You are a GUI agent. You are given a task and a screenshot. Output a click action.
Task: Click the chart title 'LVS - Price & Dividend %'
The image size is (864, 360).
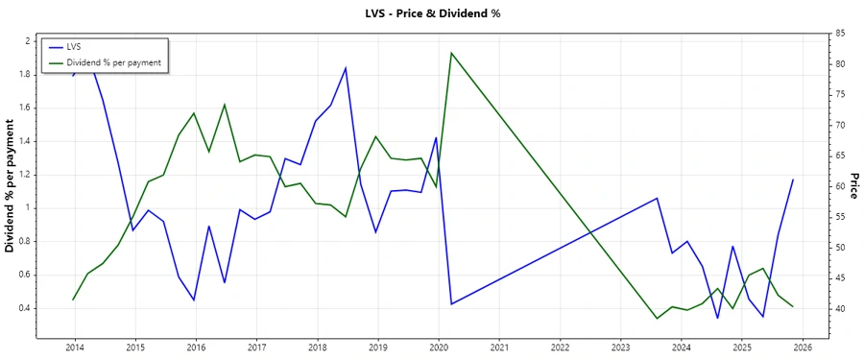point(432,13)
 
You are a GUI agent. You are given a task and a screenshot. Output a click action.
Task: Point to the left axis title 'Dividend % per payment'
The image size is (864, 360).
point(11,187)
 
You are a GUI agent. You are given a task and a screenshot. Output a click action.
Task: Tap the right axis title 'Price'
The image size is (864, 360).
point(854,186)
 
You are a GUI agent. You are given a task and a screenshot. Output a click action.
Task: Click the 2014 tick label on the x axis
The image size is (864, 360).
point(74,348)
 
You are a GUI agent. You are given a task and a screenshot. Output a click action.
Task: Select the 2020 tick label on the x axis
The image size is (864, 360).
point(439,348)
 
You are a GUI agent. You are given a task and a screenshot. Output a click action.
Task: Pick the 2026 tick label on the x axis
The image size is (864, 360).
point(804,348)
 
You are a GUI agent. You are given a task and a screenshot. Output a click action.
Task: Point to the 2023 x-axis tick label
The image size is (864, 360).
point(621,348)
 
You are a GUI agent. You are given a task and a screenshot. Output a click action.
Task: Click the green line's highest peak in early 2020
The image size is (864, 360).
point(451,53)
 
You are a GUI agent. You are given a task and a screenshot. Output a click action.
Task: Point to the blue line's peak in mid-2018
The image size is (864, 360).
point(346,67)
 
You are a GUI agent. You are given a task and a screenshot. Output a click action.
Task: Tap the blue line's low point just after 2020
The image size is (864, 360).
point(451,304)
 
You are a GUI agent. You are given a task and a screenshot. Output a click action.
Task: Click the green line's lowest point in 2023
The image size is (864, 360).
point(657,318)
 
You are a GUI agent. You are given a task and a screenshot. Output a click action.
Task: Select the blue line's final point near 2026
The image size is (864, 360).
point(793,180)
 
